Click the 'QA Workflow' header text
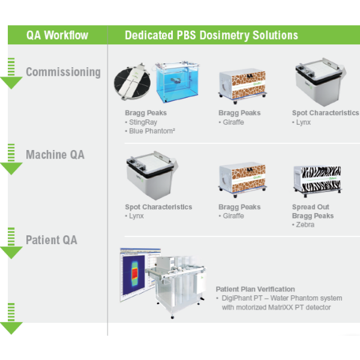click(57, 35)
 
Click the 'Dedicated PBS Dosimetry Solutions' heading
click(211, 35)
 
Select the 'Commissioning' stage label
click(63, 72)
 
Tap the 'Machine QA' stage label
click(55, 155)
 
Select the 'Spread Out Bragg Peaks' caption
click(313, 211)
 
